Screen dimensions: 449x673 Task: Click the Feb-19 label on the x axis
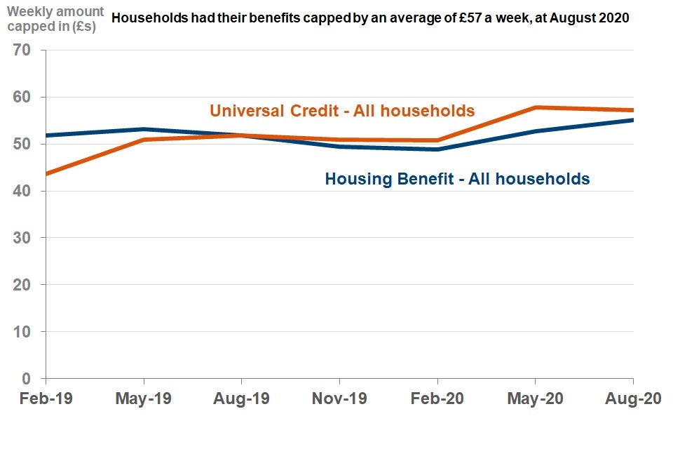tap(46, 399)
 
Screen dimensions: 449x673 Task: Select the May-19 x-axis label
tap(144, 399)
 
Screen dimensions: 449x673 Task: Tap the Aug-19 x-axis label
tap(242, 399)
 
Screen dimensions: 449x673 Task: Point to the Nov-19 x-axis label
tap(339, 399)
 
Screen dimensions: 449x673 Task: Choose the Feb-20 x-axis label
tap(437, 399)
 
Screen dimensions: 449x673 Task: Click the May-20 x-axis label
tap(536, 399)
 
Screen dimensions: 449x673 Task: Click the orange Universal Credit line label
tap(342, 111)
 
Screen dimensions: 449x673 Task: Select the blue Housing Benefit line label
tap(457, 179)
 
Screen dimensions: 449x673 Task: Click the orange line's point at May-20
tap(536, 107)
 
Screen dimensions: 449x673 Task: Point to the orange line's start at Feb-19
tap(46, 174)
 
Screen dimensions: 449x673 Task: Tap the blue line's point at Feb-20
tap(437, 149)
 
